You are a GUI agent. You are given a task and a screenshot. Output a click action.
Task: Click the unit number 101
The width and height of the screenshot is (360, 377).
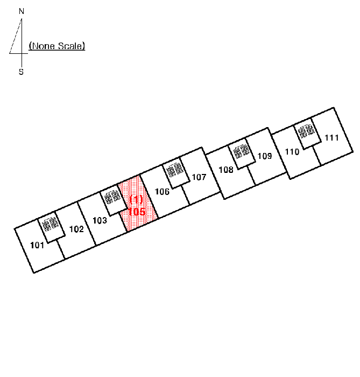(37, 245)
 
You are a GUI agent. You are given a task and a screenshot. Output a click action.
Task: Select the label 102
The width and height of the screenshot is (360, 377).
(76, 229)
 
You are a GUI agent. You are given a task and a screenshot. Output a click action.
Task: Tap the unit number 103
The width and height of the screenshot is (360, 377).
(100, 220)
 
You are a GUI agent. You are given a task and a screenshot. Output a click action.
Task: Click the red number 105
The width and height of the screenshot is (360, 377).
(136, 212)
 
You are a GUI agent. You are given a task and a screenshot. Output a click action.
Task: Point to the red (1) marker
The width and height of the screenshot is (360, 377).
(136, 199)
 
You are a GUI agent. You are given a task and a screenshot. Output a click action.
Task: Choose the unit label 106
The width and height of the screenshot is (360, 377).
(162, 191)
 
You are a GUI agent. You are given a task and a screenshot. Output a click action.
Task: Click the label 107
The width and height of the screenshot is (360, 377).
(199, 177)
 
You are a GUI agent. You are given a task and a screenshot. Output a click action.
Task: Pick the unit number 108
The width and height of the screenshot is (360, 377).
(226, 170)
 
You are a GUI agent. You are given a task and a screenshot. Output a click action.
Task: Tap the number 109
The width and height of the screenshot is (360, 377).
(265, 156)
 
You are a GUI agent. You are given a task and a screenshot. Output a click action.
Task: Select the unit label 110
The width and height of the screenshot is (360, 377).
(292, 152)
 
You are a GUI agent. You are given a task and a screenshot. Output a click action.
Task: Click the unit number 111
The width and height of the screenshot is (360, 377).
(331, 137)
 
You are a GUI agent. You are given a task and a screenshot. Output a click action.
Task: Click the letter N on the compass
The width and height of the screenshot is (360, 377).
(22, 11)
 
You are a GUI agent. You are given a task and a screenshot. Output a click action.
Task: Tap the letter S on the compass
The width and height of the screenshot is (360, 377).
(22, 72)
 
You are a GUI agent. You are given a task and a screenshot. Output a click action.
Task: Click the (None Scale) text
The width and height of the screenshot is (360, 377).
(57, 46)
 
